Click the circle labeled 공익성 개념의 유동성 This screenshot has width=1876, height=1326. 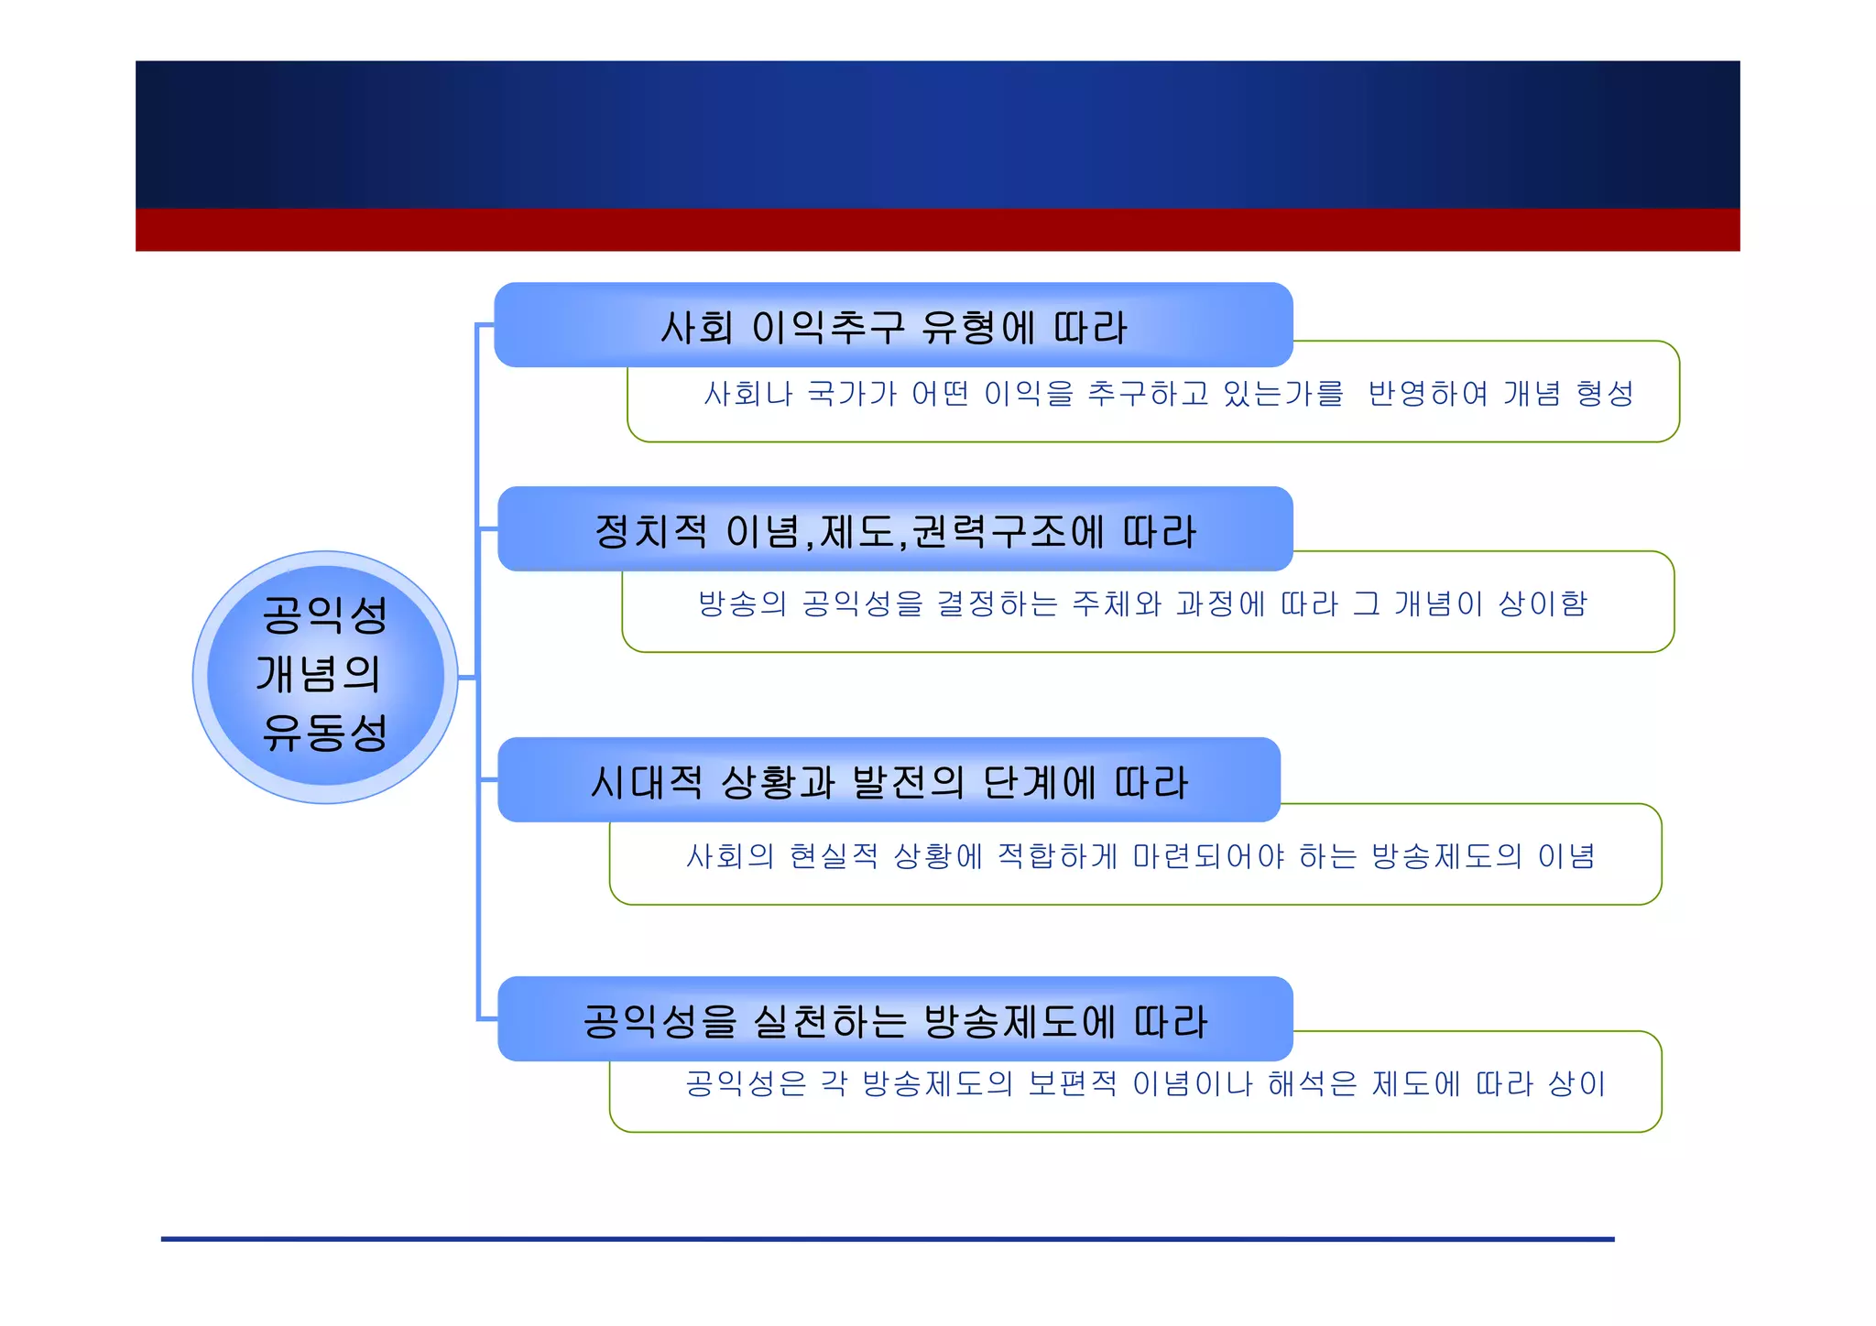pyautogui.click(x=325, y=678)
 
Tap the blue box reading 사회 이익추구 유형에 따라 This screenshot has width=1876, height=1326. pyautogui.click(x=893, y=326)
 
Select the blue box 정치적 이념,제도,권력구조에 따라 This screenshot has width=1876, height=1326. pyautogui.click(x=895, y=530)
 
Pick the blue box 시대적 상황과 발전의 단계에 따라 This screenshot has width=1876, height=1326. pyautogui.click(x=889, y=781)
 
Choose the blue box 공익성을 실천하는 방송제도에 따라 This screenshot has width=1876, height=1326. pyautogui.click(x=895, y=1020)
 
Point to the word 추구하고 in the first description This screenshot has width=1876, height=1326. pyautogui.click(x=1148, y=394)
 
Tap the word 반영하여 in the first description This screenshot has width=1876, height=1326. pyautogui.click(x=1428, y=394)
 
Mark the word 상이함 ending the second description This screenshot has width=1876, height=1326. pyautogui.click(x=1543, y=604)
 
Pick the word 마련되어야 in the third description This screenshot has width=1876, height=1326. pyautogui.click(x=1208, y=856)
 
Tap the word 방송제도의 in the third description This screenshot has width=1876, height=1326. pyautogui.click(x=1446, y=856)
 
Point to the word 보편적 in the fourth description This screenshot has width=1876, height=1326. pyautogui.click(x=1073, y=1084)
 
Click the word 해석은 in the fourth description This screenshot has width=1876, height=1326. pyautogui.click(x=1312, y=1084)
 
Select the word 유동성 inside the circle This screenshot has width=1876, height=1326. pyautogui.click(x=325, y=733)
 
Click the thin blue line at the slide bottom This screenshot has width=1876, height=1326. pyautogui.click(x=887, y=1239)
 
